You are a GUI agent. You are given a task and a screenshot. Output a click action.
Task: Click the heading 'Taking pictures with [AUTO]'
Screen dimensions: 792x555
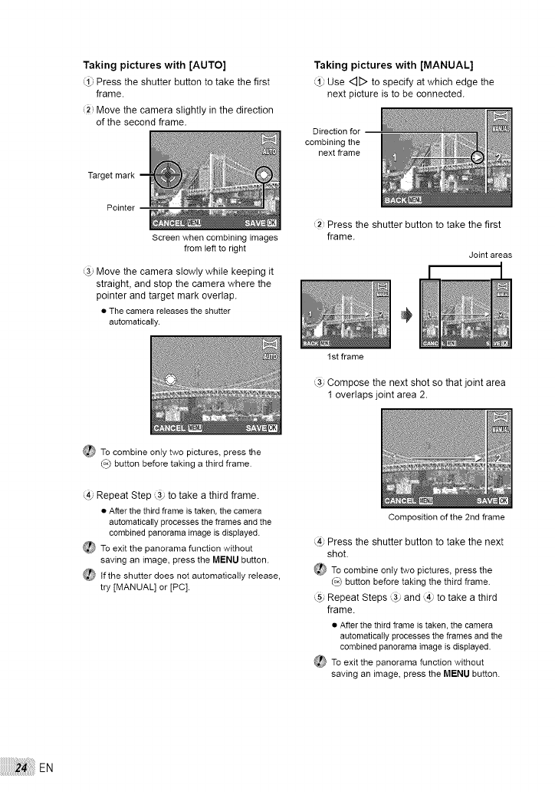(x=159, y=64)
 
